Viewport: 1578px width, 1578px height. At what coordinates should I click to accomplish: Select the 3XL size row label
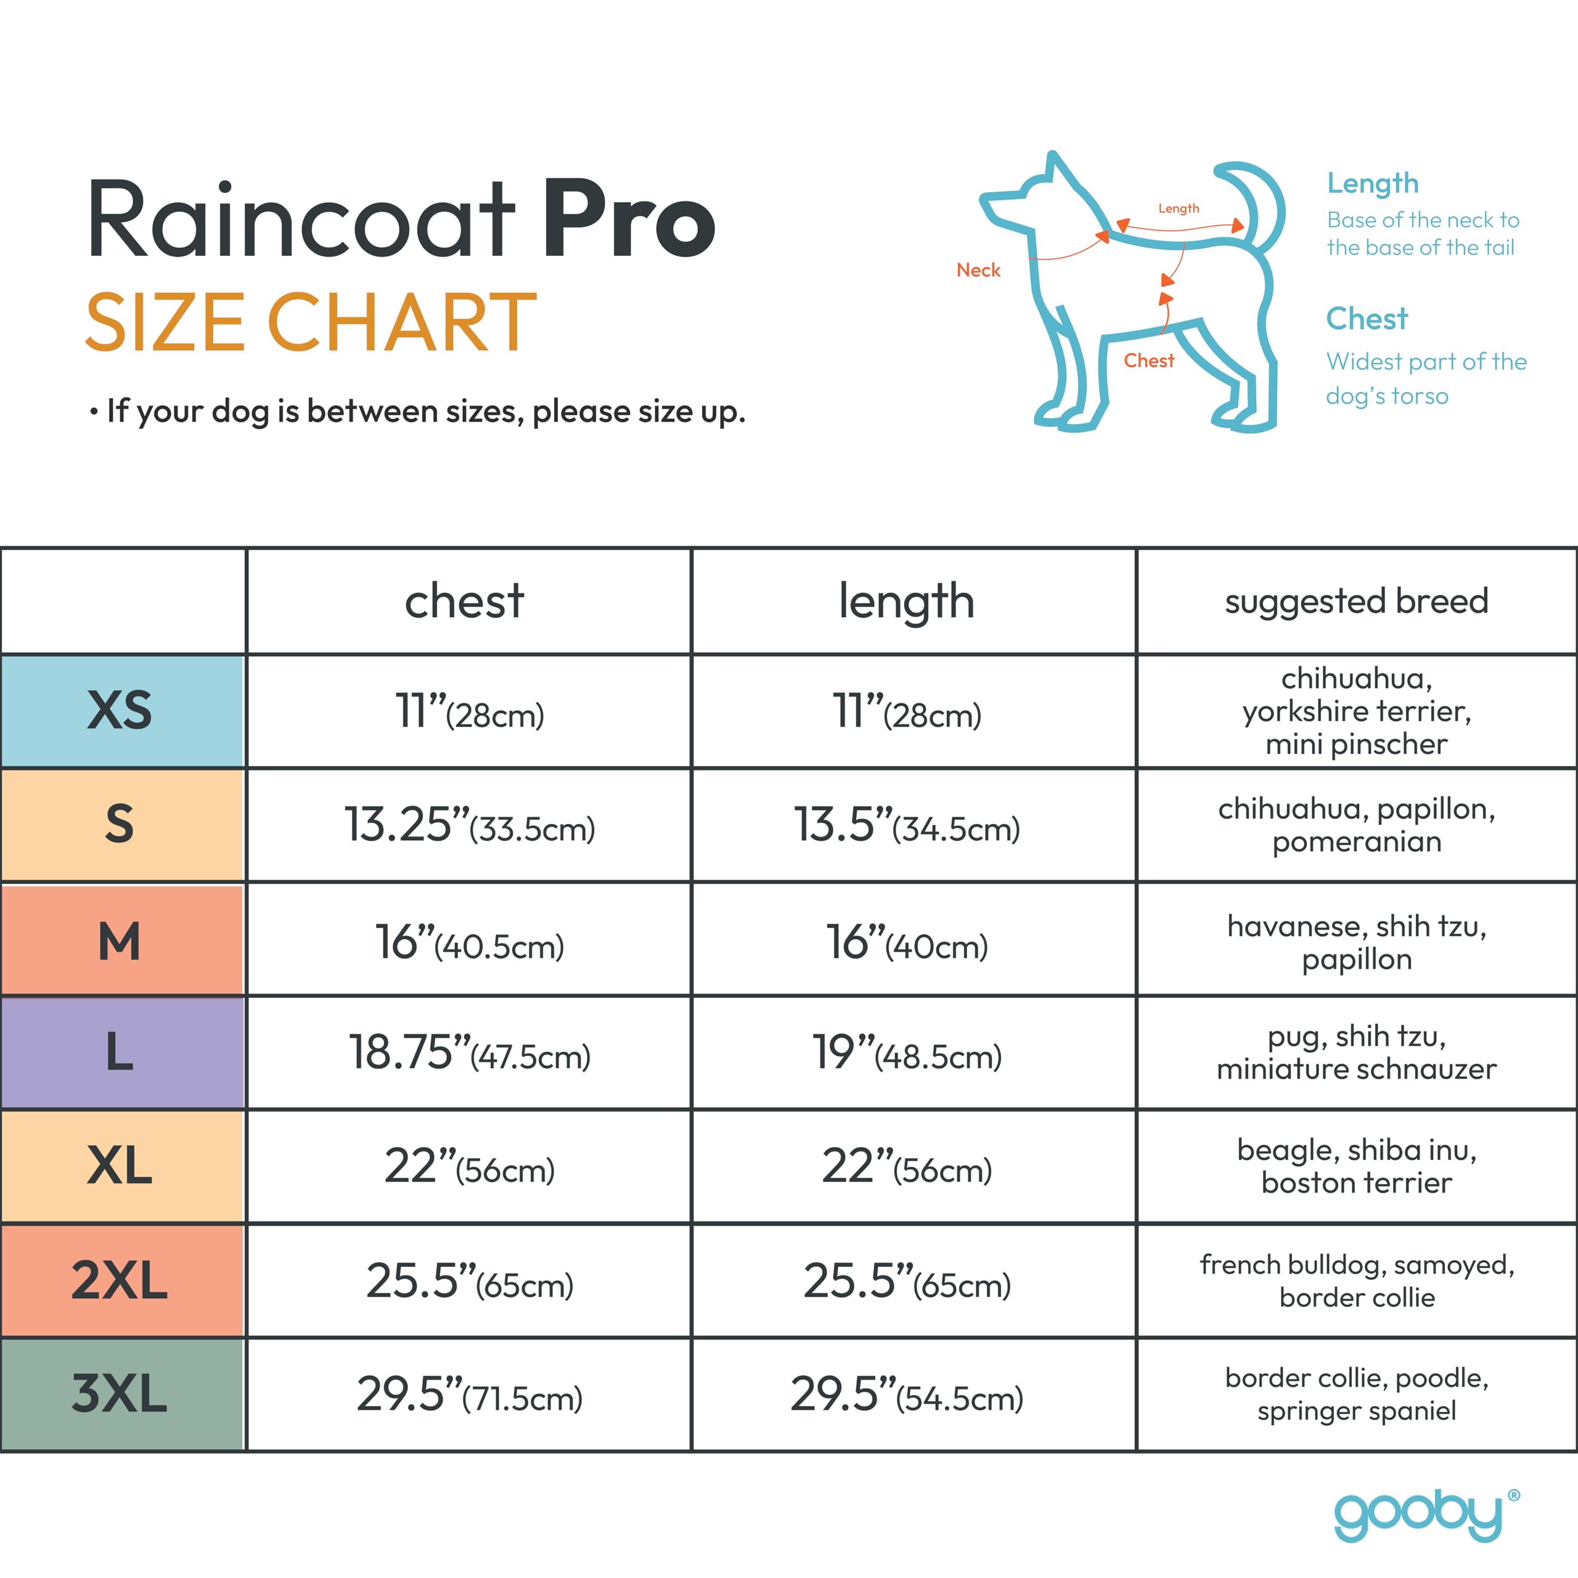121,1394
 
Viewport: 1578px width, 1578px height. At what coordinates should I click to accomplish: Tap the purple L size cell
121,1052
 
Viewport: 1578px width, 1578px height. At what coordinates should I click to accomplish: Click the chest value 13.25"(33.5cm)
469,825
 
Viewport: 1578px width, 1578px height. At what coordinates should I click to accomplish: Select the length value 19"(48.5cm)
907,1052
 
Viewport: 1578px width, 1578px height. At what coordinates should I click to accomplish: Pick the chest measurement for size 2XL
469,1281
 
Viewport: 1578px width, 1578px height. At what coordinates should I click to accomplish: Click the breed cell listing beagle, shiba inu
1356,1166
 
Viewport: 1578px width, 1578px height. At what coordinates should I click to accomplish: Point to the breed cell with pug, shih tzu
1356,1052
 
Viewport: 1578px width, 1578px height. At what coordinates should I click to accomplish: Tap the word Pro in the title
629,219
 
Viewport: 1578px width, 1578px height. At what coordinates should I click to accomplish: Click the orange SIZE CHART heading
311,322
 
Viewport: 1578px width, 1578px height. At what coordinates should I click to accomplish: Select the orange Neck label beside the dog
978,271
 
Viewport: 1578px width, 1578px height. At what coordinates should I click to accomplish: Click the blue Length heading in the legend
1372,184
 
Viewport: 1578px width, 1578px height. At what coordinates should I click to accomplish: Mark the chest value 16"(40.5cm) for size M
469,942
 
